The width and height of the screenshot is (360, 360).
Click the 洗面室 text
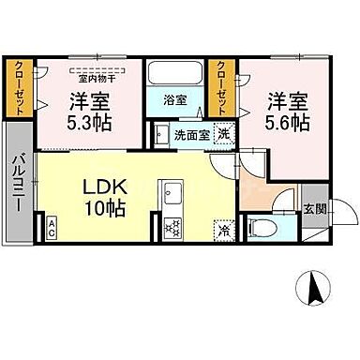191,134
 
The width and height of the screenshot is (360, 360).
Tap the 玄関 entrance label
314,209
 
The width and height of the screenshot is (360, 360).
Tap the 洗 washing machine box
223,133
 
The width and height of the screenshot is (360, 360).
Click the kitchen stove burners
172,226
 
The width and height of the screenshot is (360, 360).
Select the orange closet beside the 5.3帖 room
20,89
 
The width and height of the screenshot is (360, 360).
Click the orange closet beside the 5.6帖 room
222,89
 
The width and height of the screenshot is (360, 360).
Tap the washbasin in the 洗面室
161,133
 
